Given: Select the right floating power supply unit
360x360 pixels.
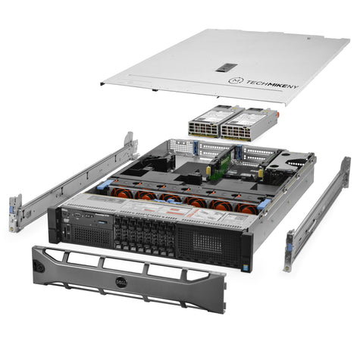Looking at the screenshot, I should (x=243, y=121).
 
